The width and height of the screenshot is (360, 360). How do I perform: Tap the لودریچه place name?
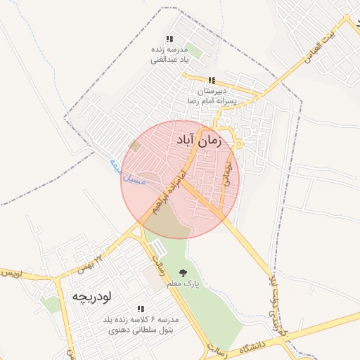click(91, 296)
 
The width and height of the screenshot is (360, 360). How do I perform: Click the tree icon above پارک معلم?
click(184, 273)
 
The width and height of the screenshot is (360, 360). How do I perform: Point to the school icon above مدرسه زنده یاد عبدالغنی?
click(169, 39)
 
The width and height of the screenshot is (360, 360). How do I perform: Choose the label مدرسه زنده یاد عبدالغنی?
click(169, 55)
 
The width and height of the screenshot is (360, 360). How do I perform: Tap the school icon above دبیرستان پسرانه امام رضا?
click(212, 81)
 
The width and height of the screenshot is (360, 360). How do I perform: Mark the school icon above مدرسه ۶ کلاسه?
click(141, 309)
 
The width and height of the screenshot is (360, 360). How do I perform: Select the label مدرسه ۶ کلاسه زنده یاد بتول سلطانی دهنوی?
click(141, 323)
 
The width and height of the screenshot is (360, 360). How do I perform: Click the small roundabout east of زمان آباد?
click(239, 144)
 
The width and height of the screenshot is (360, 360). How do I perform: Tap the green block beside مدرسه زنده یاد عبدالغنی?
click(193, 51)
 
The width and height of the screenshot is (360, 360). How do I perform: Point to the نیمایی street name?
click(227, 172)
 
